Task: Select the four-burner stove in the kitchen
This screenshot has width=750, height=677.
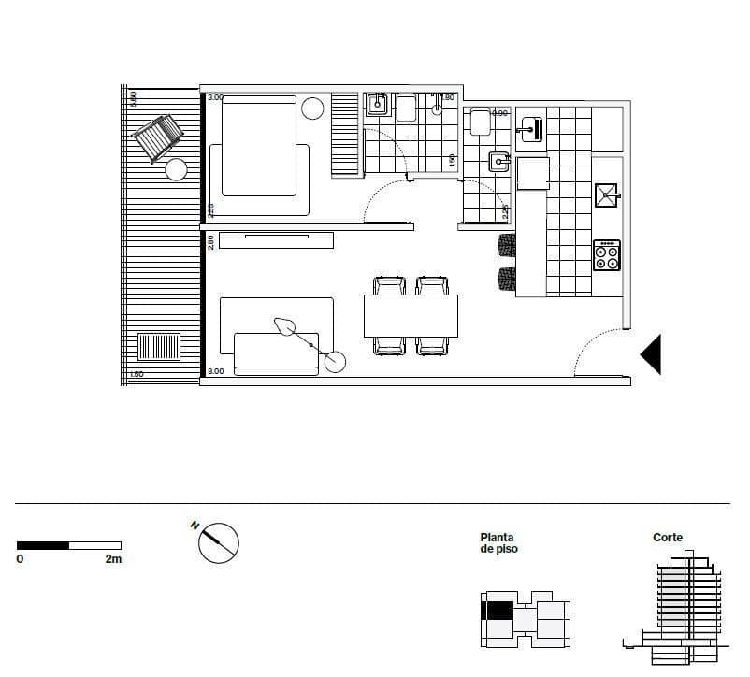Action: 607,255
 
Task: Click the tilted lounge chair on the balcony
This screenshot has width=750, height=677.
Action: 160,137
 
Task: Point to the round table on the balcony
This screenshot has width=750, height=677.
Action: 176,169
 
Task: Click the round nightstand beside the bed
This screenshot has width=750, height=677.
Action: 312,108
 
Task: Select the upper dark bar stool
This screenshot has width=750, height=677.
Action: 506,246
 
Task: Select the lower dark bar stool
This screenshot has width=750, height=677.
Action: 506,279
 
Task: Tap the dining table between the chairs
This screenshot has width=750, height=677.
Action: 411,315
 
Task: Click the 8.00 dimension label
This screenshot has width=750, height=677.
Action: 215,372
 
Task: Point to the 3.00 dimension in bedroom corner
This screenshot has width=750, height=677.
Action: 215,97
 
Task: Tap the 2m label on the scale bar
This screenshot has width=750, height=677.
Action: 113,559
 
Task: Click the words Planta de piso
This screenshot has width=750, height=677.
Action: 498,543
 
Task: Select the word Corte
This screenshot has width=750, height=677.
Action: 668,538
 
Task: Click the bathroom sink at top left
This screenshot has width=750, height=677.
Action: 376,105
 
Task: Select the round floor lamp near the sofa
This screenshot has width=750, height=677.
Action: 333,361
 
